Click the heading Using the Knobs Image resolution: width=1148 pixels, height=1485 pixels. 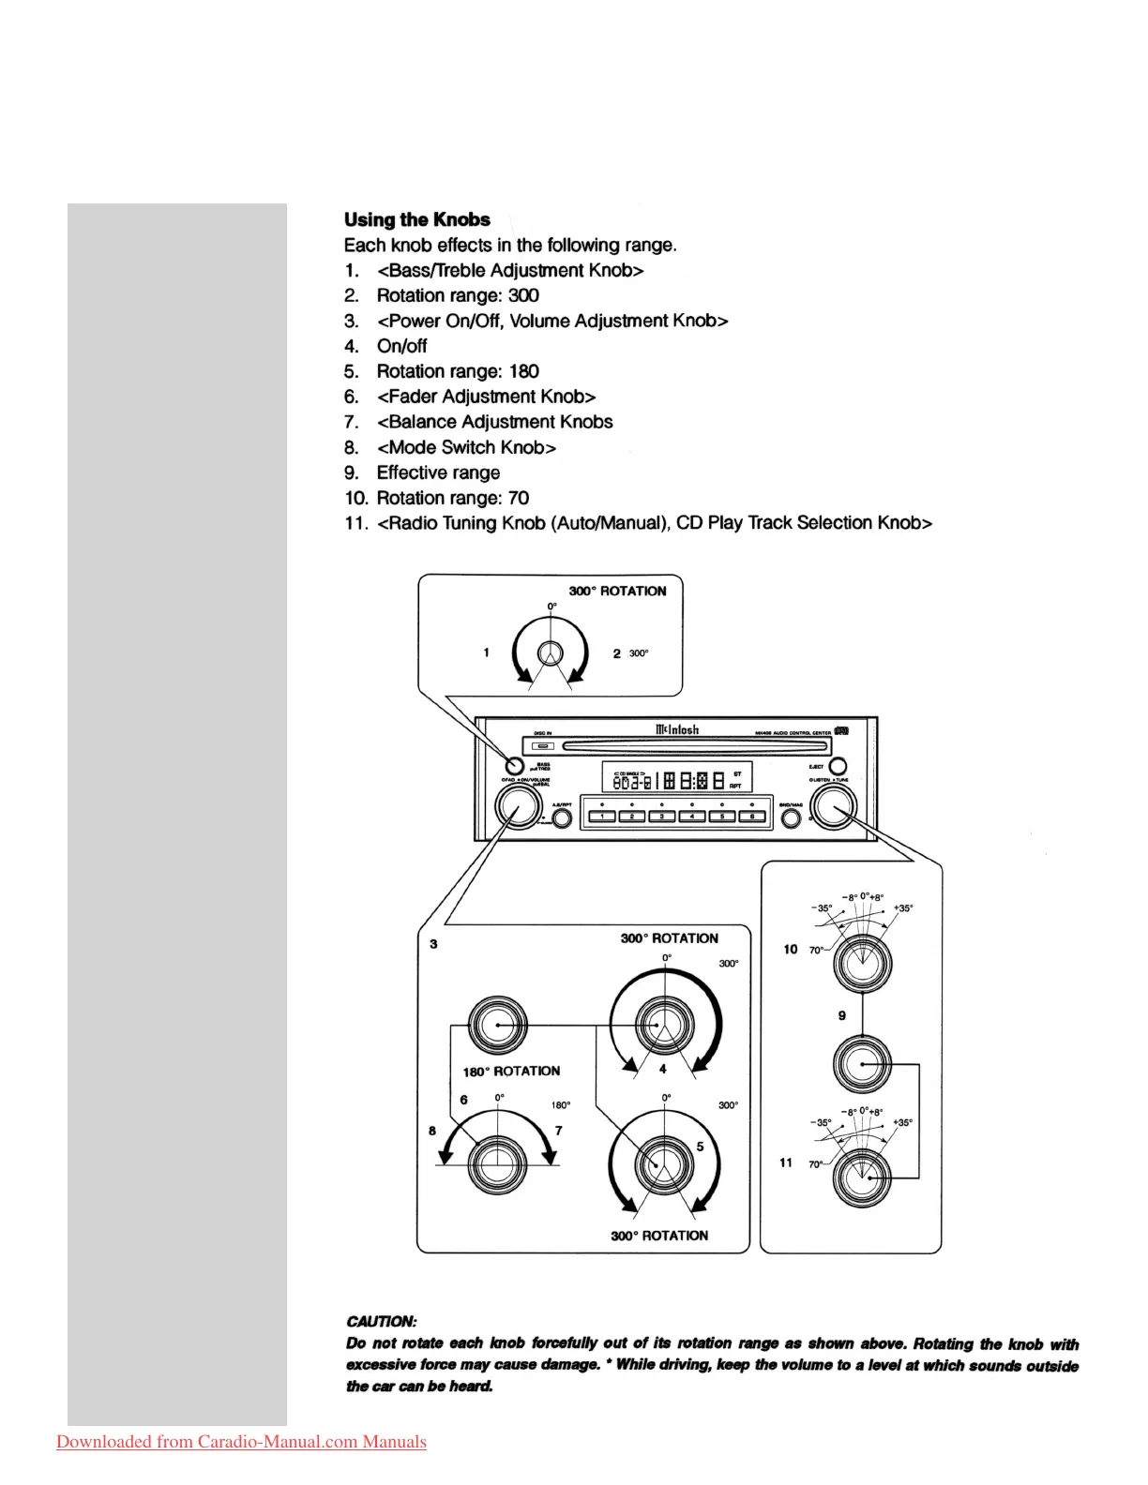point(416,219)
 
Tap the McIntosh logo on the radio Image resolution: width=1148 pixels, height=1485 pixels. point(676,729)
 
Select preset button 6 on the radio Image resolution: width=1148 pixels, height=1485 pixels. point(751,816)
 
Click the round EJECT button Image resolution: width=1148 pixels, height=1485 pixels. point(838,767)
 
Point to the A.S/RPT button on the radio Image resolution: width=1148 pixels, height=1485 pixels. point(562,818)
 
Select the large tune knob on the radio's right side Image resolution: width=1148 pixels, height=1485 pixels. point(833,806)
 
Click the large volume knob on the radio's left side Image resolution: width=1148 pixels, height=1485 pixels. point(518,805)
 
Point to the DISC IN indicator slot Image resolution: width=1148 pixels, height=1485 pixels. point(544,746)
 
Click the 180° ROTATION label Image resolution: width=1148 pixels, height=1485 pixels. point(511,1071)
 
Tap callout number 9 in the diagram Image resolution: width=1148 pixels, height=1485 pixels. point(841,1015)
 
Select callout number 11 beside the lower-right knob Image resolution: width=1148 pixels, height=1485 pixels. point(786,1162)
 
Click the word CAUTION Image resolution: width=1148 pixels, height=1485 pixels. point(381,1321)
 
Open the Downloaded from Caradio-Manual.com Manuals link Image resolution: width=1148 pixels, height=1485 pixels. point(241,1442)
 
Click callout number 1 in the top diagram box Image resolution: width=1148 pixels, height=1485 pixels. point(486,652)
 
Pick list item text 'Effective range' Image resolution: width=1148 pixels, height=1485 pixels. point(438,472)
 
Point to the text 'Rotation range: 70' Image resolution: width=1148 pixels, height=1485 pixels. point(452,498)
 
